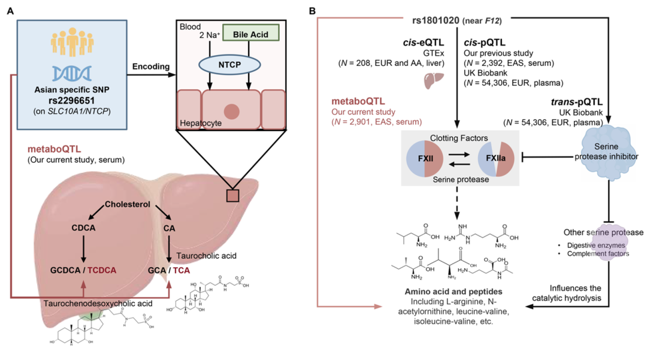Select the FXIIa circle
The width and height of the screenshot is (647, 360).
[495, 160]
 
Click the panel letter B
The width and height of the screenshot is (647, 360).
[312, 12]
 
